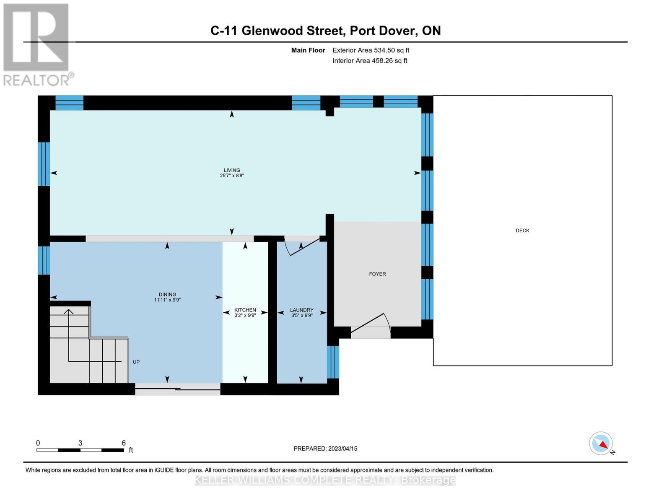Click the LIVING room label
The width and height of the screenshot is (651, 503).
pyautogui.click(x=232, y=170)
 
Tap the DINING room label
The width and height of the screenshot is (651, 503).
pyautogui.click(x=167, y=294)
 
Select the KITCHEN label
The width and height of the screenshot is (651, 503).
pyautogui.click(x=245, y=310)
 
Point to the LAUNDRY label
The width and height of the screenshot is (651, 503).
pyautogui.click(x=302, y=310)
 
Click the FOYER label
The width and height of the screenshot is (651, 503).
pyautogui.click(x=377, y=274)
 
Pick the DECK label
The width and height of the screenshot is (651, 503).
pyautogui.click(x=522, y=231)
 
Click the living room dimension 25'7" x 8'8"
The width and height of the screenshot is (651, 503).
pyautogui.click(x=232, y=176)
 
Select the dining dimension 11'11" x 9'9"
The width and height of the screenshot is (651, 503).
pyautogui.click(x=167, y=300)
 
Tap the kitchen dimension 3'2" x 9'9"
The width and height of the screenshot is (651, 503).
pyautogui.click(x=245, y=315)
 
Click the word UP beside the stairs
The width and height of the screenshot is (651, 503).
pyautogui.click(x=136, y=362)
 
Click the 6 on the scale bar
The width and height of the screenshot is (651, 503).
pyautogui.click(x=124, y=443)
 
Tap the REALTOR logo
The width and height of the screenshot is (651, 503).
pyautogui.click(x=37, y=44)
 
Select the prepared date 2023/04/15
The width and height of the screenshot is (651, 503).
pyautogui.click(x=342, y=449)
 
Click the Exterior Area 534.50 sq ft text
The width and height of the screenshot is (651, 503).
pyautogui.click(x=371, y=50)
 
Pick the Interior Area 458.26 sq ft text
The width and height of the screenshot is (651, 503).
pyautogui.click(x=370, y=61)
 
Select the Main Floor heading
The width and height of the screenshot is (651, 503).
pyautogui.click(x=308, y=50)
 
